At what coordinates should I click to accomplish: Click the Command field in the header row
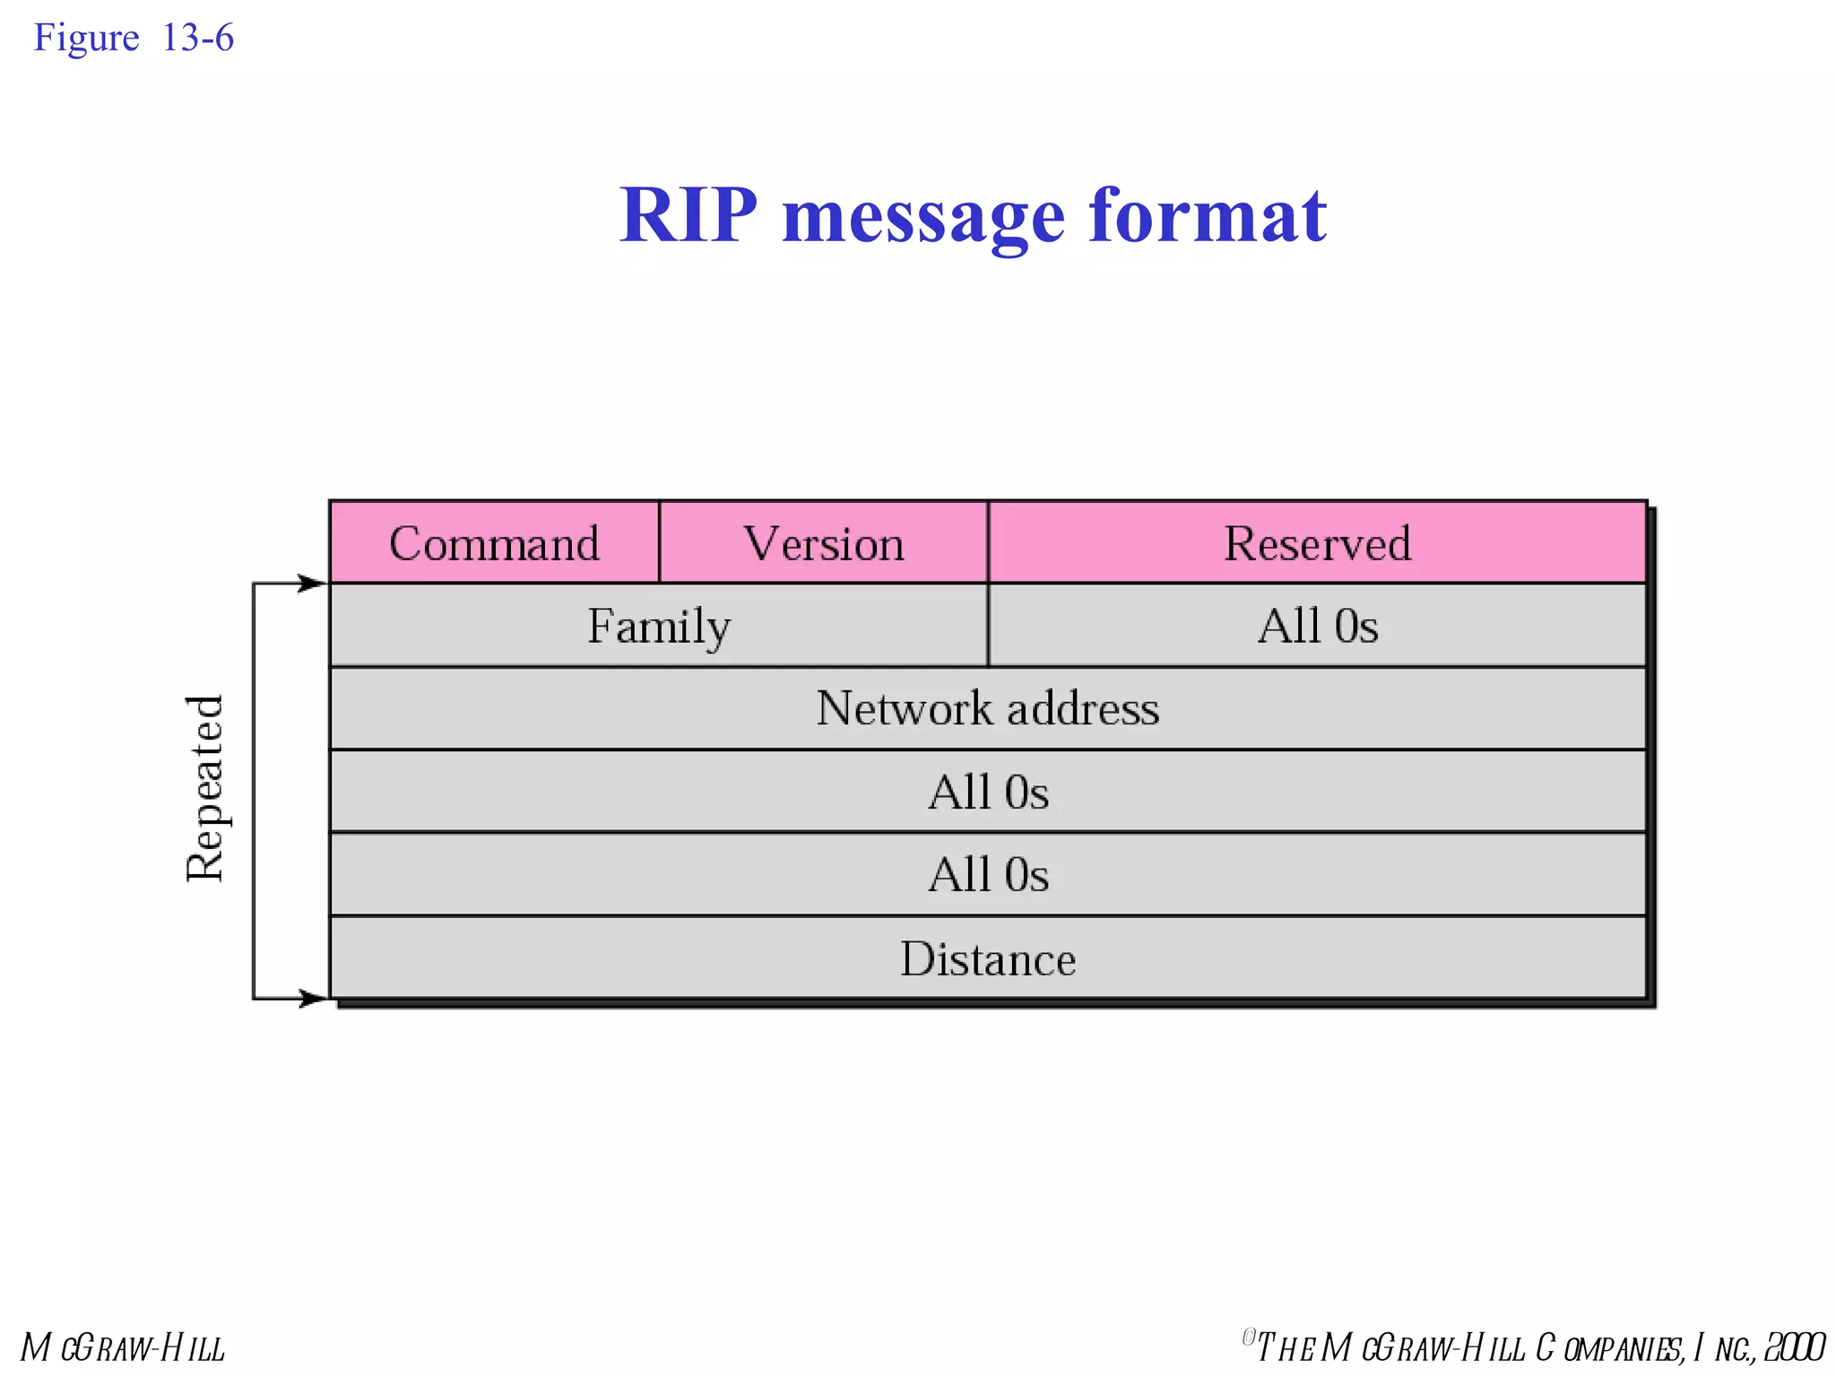pos(494,543)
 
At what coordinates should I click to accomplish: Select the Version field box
pos(823,543)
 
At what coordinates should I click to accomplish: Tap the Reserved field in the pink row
pos(1317,543)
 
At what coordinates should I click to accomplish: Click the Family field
pos(659,626)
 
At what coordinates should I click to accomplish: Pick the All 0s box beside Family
pos(1317,626)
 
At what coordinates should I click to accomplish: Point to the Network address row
pos(987,708)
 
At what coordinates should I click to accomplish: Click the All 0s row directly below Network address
pos(987,792)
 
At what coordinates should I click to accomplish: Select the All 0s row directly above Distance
pos(987,874)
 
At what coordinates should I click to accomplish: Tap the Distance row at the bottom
pos(987,958)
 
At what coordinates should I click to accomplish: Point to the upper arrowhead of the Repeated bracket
pos(313,584)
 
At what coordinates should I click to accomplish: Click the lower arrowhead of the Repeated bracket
pos(313,998)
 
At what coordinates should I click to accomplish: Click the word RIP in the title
pos(688,215)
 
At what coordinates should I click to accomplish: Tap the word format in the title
pos(1208,215)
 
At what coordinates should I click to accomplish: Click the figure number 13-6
pos(198,38)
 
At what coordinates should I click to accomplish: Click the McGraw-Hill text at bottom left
pos(123,1347)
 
